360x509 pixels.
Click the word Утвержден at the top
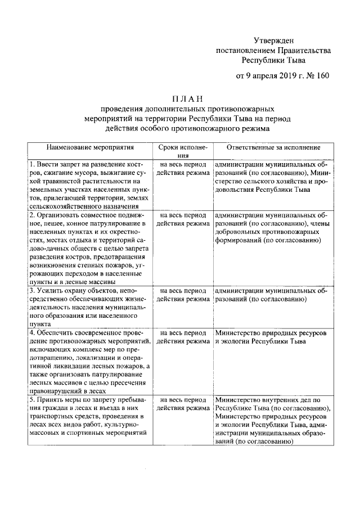click(x=274, y=40)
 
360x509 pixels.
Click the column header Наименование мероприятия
click(x=90, y=147)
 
